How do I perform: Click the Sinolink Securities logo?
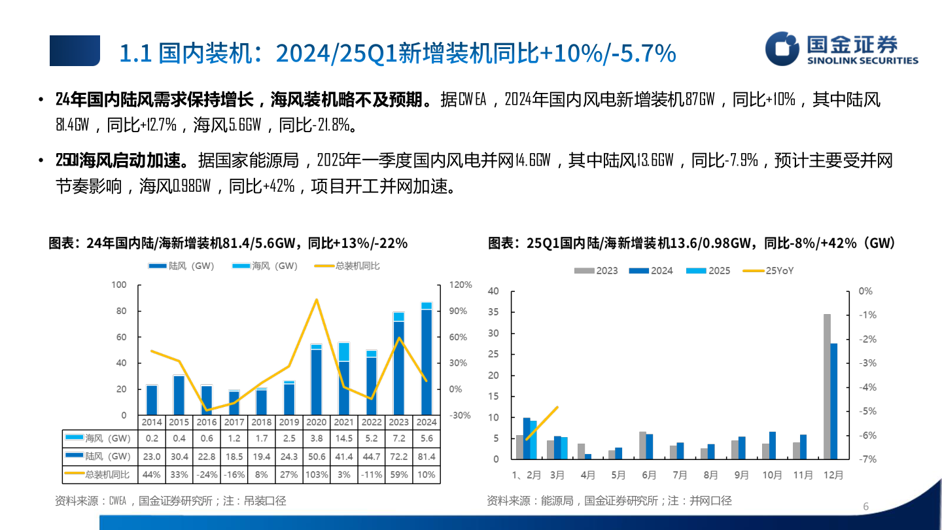[842, 50]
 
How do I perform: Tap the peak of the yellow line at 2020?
[317, 300]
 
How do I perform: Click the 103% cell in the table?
[317, 474]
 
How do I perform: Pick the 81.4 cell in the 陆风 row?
[426, 456]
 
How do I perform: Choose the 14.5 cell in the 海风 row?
[343, 438]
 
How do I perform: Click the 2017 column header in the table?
[234, 422]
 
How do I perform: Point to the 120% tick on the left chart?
[460, 285]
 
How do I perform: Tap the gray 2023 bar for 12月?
[827, 386]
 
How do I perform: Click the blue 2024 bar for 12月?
[834, 401]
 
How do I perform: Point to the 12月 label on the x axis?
[832, 476]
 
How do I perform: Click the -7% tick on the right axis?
[867, 459]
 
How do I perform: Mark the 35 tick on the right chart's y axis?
[493, 312]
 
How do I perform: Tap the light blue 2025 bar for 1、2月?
[533, 440]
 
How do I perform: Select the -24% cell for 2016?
[207, 474]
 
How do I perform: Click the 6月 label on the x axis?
[648, 476]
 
